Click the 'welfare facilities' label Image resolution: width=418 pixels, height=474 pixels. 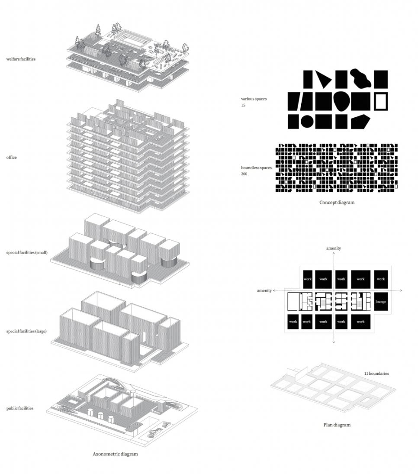click(21, 59)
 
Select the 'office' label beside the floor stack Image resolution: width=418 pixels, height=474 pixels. click(12, 158)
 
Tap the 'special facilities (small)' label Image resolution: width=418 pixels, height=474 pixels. click(27, 252)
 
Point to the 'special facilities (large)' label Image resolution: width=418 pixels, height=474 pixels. click(26, 332)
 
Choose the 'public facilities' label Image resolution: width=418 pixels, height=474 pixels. click(20, 408)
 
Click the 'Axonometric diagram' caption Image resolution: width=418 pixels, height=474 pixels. click(115, 454)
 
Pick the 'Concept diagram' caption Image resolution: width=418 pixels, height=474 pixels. click(337, 202)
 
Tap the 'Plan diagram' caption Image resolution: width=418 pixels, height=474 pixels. click(337, 425)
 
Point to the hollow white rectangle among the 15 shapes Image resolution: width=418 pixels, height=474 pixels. click(381, 101)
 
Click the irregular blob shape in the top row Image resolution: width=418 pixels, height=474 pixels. click(360, 78)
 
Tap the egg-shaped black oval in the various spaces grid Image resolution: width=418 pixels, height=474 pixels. click(341, 101)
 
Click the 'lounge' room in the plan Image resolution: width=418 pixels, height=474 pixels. click(381, 302)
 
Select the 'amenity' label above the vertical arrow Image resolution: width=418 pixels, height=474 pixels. click(333, 248)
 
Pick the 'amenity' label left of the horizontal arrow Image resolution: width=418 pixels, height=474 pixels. click(264, 290)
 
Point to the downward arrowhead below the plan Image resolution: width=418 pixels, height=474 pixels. click(333, 343)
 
